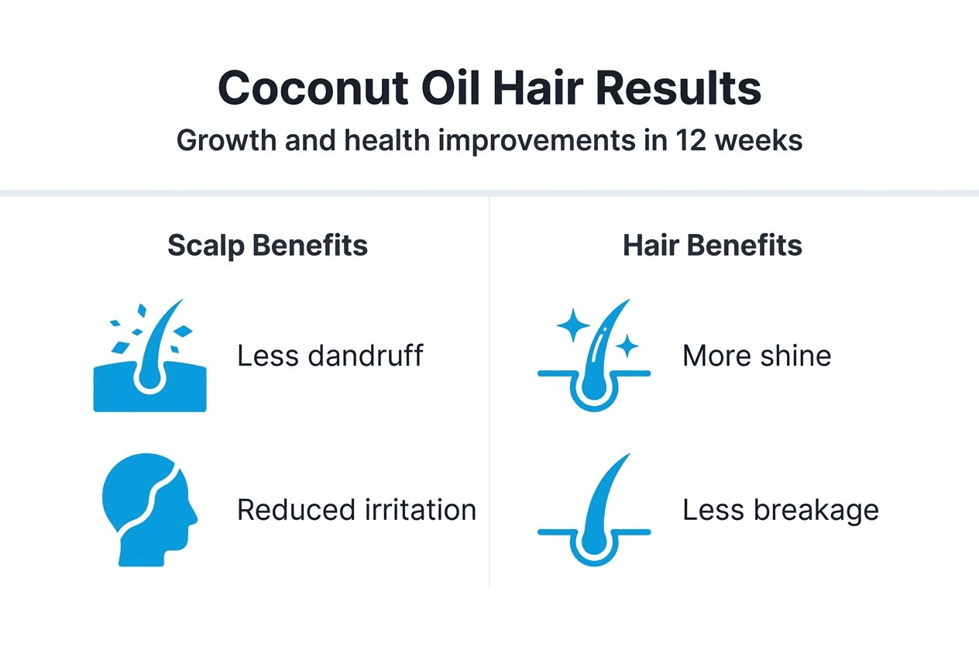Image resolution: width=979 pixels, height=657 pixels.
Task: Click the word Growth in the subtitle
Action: [225, 141]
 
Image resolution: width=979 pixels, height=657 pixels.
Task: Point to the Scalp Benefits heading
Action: [267, 246]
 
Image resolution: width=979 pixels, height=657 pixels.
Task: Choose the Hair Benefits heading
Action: [712, 246]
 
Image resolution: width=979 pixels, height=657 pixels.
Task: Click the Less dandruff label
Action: [330, 356]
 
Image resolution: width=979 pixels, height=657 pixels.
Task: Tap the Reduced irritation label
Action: [356, 510]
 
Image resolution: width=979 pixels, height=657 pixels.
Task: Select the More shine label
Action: [757, 356]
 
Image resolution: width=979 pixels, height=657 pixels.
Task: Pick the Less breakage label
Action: [780, 510]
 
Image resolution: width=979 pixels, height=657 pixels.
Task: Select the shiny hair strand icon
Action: [595, 356]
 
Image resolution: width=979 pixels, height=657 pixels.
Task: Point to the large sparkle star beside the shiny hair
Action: [573, 328]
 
